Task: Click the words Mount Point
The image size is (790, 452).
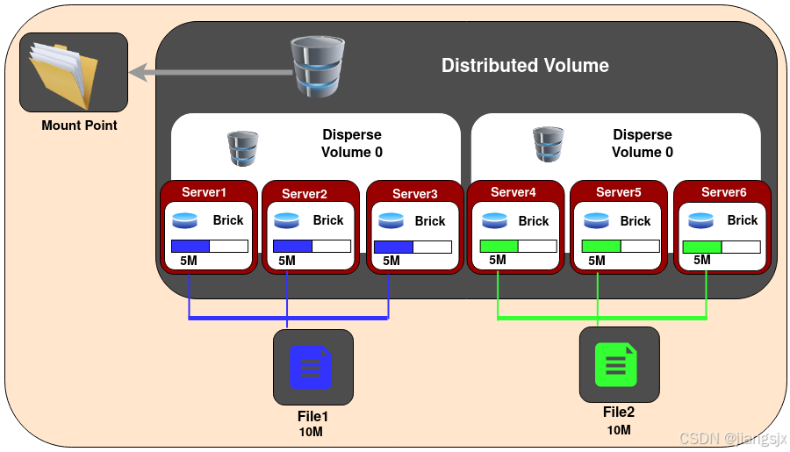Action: tap(79, 126)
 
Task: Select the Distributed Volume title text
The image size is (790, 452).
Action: tap(525, 66)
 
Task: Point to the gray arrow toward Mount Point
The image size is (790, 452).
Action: tap(211, 73)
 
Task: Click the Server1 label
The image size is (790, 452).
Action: tap(205, 192)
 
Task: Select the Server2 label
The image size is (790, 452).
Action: tap(305, 194)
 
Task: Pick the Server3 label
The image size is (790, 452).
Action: tap(414, 194)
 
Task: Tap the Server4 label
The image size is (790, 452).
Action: tap(513, 192)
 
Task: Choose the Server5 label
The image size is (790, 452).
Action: tap(618, 192)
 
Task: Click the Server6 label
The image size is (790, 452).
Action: tap(723, 192)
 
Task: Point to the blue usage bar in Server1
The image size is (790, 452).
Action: tap(190, 246)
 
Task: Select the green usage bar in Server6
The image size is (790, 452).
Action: tap(702, 246)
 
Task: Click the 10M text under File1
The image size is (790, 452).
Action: tap(312, 432)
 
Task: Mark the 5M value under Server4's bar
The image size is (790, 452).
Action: tap(497, 260)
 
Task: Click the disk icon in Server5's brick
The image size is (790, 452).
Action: tap(596, 221)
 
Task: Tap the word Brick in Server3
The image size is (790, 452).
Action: tap(430, 221)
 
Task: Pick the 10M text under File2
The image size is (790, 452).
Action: tap(618, 429)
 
